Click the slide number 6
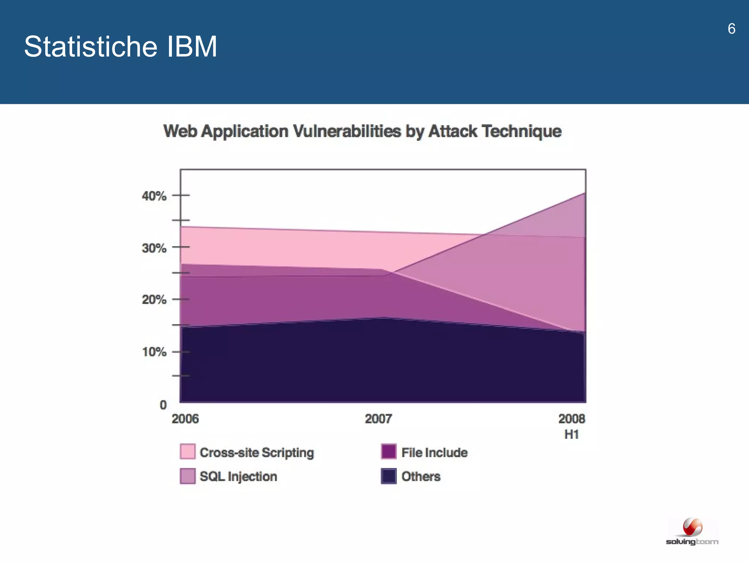click(731, 29)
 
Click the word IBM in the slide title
click(192, 47)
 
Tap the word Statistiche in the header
click(91, 47)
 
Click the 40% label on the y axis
click(154, 196)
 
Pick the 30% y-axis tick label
click(154, 248)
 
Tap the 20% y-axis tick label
click(154, 300)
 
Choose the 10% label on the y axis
click(154, 352)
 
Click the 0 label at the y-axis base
click(163, 405)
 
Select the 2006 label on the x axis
click(185, 419)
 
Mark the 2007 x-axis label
click(379, 419)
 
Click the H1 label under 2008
click(572, 435)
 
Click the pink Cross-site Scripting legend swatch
click(188, 452)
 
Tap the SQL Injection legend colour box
click(188, 476)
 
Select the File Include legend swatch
click(388, 452)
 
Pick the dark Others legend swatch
click(388, 476)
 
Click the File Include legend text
click(434, 453)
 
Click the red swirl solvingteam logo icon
click(692, 527)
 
